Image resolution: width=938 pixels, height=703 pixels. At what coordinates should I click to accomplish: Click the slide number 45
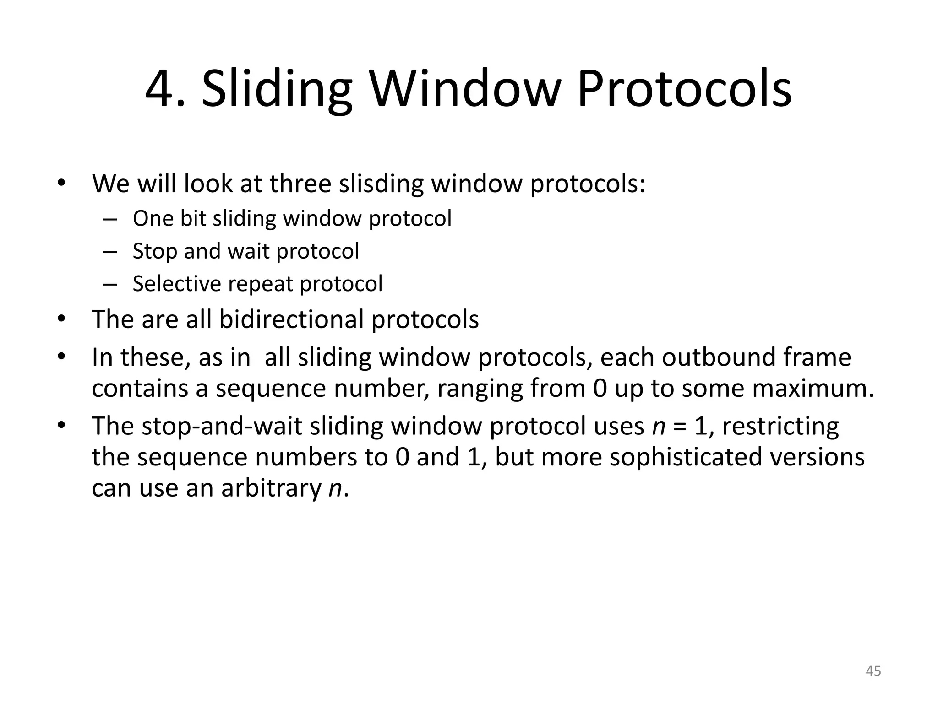873,671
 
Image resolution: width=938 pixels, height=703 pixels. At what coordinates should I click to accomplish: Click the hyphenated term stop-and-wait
222,426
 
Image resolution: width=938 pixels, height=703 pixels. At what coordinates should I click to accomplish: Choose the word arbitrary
272,488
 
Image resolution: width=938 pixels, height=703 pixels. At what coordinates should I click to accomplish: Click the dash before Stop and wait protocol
110,251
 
